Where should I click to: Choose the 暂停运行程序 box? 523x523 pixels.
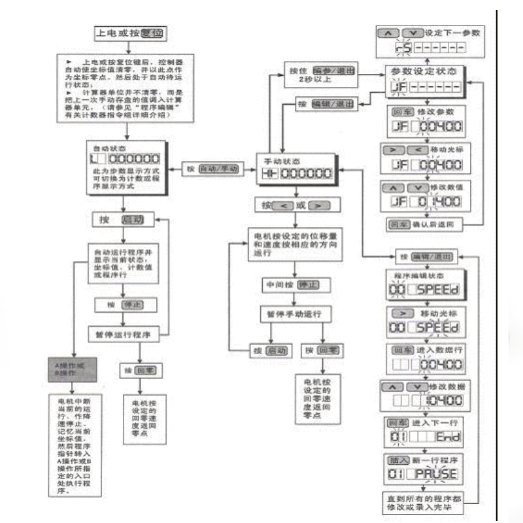pyautogui.click(x=124, y=334)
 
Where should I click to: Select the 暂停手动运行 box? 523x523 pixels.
pyautogui.click(x=295, y=314)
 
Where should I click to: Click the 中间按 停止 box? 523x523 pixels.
pyautogui.click(x=296, y=286)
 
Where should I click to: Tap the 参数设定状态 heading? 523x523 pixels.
pyautogui.click(x=424, y=70)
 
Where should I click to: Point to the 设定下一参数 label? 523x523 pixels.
pyautogui.click(x=445, y=33)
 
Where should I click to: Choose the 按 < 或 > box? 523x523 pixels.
pyautogui.click(x=296, y=205)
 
